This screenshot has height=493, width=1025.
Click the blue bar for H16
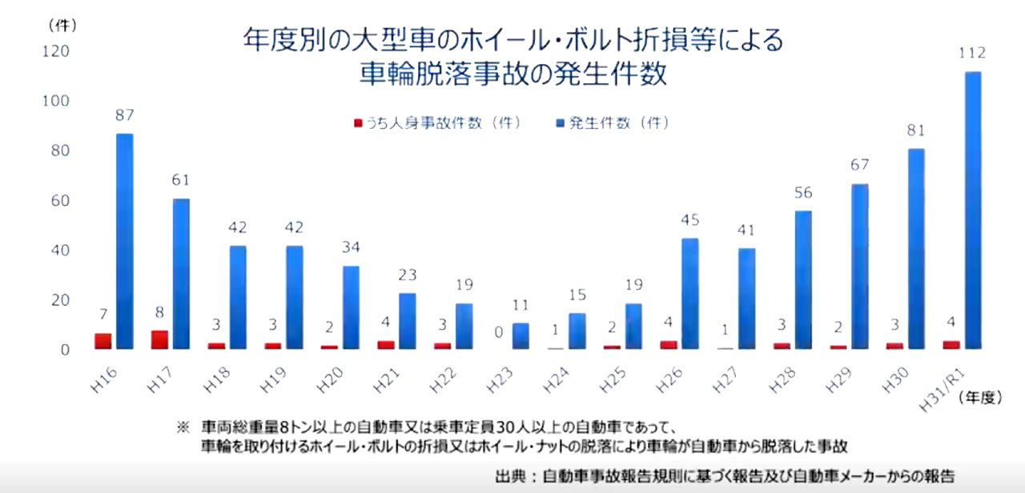pos(125,241)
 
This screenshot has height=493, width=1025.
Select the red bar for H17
pos(159,339)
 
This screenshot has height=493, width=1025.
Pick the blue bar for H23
pos(521,335)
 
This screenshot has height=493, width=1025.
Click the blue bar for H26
pos(690,293)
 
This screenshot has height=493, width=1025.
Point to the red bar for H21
pos(385,344)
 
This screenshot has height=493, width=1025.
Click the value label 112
pos(972,54)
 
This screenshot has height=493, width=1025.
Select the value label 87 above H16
pos(125,115)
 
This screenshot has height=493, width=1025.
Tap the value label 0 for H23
pos(498,332)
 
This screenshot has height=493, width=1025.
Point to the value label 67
pos(859,166)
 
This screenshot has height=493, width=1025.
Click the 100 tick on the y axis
pos(59,102)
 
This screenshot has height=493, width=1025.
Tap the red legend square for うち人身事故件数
pos(358,123)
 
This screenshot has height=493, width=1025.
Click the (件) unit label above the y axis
pos(62,25)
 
